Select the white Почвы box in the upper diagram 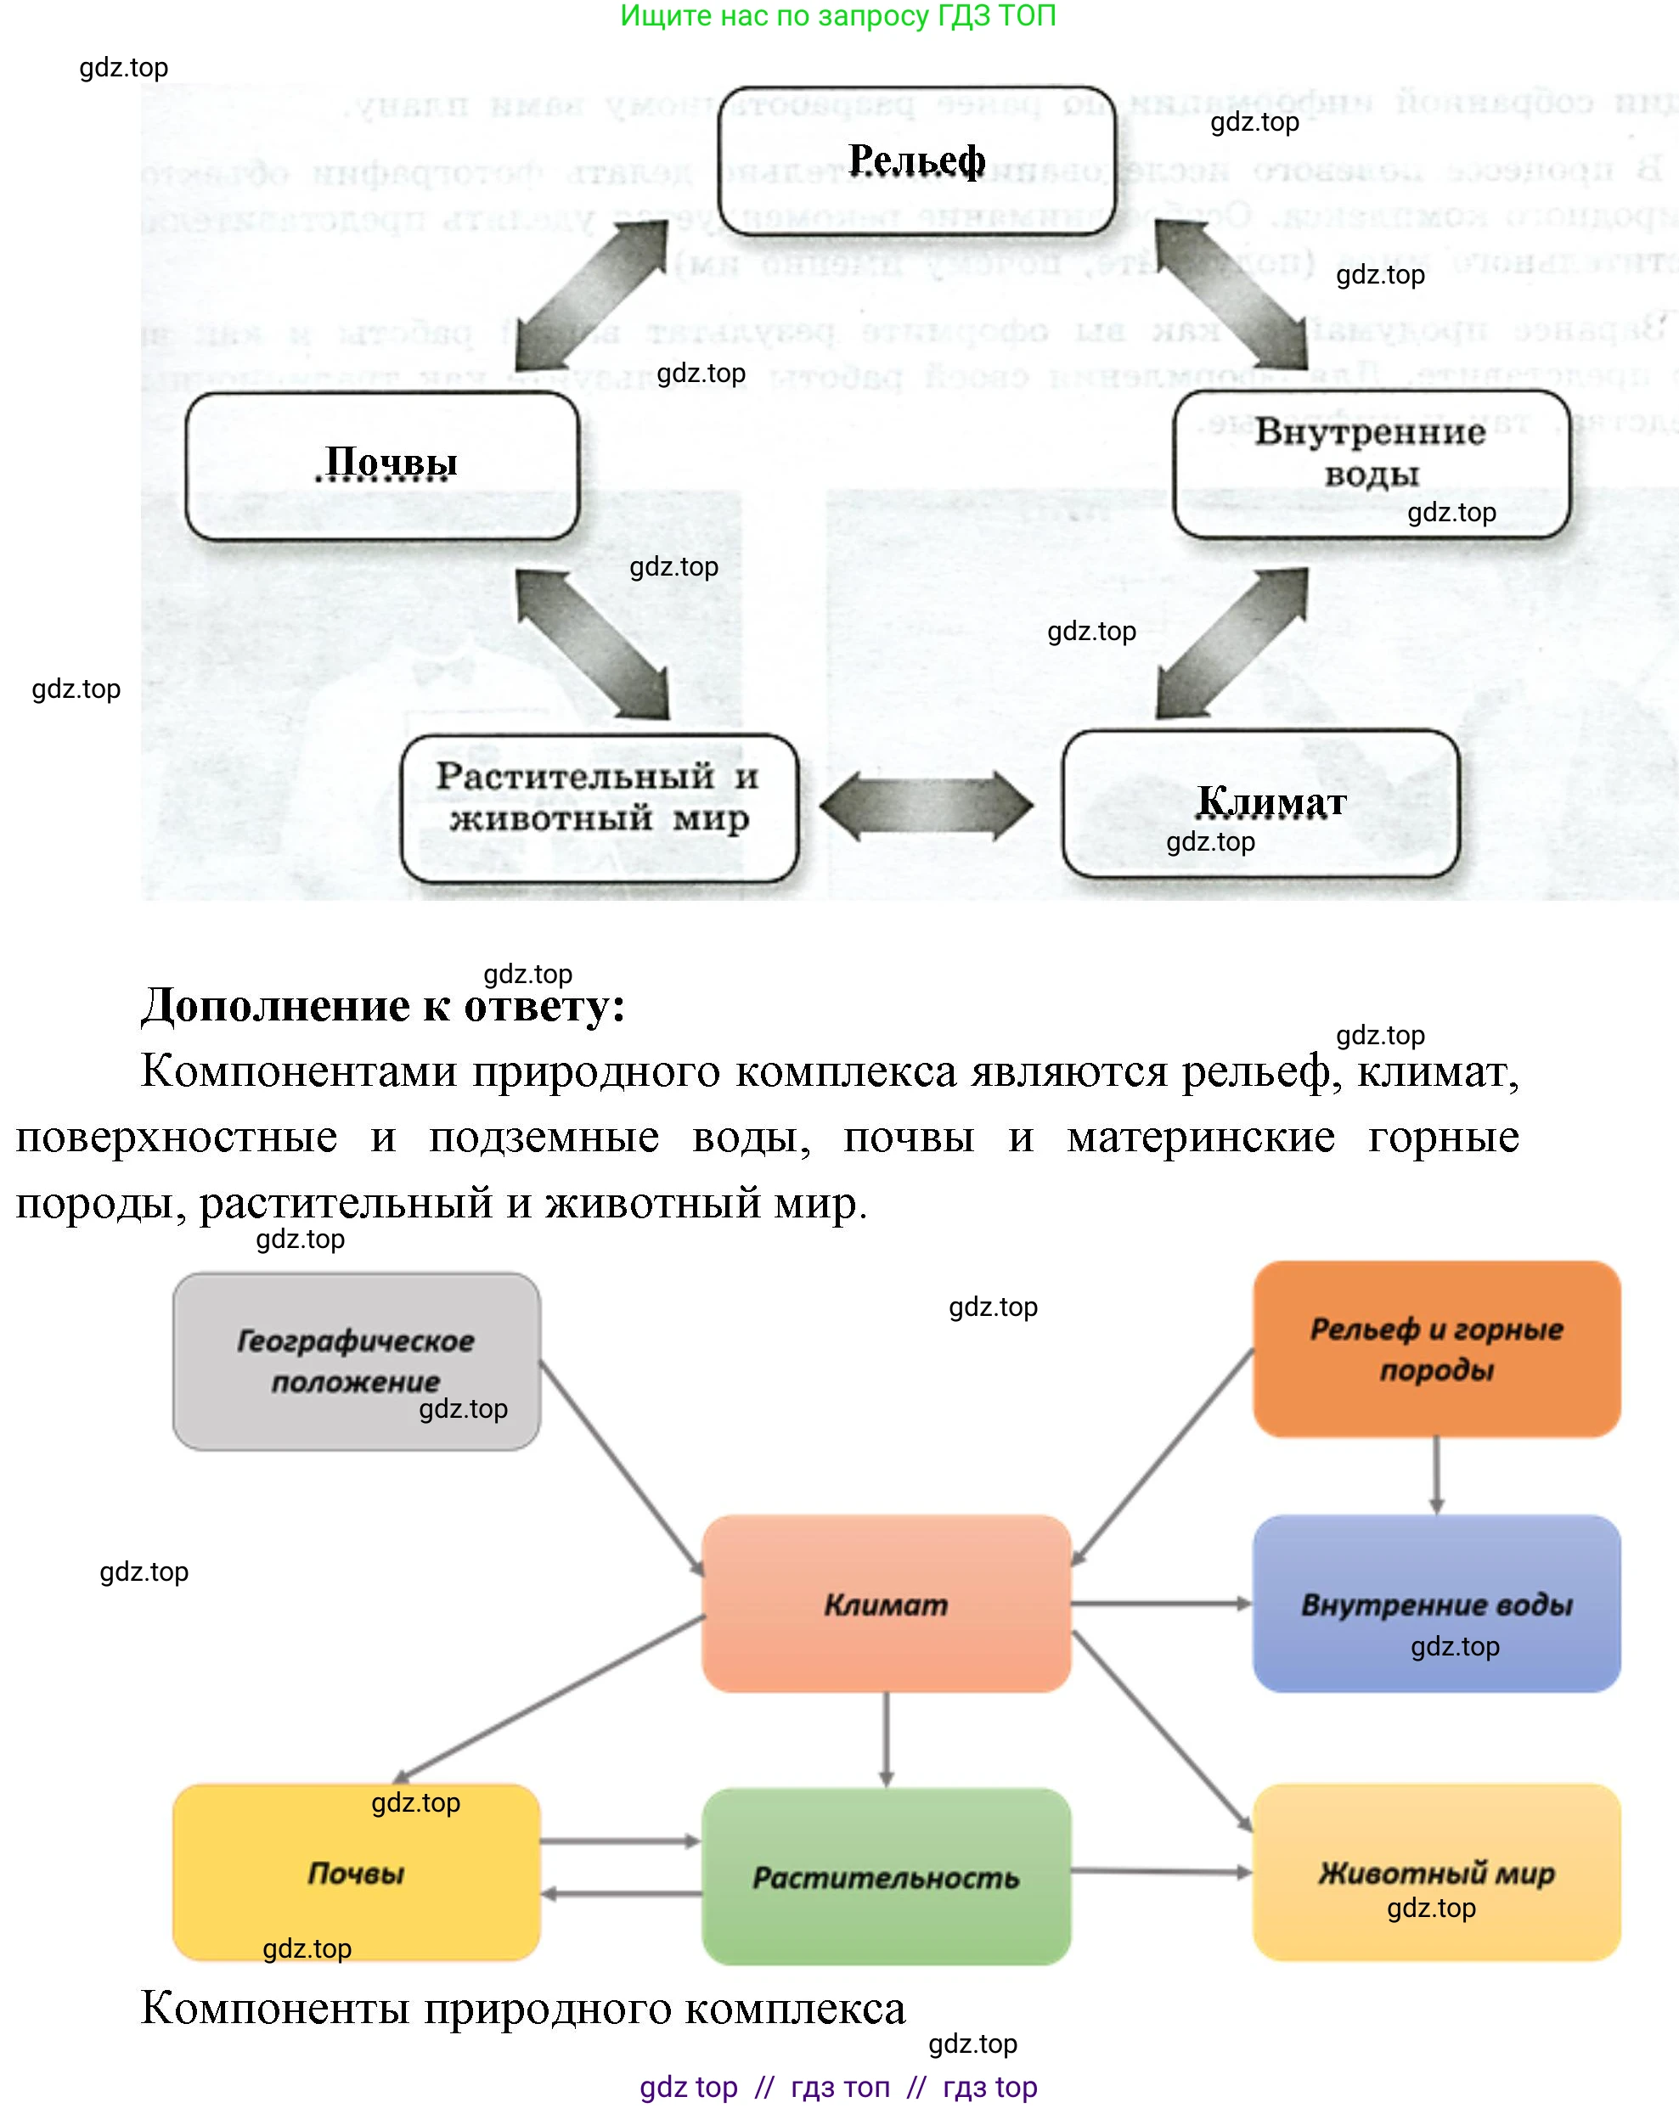click(382, 466)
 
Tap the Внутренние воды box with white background click(1371, 464)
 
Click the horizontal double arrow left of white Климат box click(926, 806)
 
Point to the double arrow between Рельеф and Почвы click(592, 295)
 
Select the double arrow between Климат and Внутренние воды click(1232, 644)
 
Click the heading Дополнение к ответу click(382, 1005)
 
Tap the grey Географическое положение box click(356, 1361)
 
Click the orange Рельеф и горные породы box click(1435, 1348)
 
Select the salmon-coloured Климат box click(885, 1604)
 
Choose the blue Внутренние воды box click(1435, 1604)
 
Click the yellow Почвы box click(356, 1872)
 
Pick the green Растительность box click(885, 1876)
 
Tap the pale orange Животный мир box click(1435, 1872)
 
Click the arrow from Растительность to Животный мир click(1161, 1871)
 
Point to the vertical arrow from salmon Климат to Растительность click(886, 1739)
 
